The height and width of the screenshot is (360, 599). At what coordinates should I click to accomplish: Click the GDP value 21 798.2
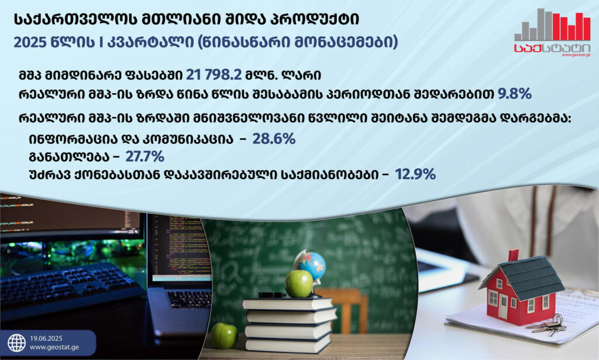(x=214, y=75)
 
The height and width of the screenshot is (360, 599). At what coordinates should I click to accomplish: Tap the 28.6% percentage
(x=274, y=139)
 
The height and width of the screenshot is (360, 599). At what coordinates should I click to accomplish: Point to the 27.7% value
(x=145, y=157)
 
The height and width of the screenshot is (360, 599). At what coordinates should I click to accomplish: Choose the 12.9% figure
(x=415, y=174)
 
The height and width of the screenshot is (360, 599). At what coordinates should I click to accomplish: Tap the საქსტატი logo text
(x=552, y=48)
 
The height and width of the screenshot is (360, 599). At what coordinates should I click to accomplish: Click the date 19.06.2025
(x=46, y=338)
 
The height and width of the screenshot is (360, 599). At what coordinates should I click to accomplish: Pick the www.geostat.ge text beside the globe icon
(x=54, y=347)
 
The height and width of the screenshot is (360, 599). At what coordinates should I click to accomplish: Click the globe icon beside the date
(x=17, y=343)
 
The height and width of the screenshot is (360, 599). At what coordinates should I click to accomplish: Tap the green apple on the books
(x=299, y=283)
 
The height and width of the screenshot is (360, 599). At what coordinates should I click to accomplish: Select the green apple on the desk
(x=225, y=335)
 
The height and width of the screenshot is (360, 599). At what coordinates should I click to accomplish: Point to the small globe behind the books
(x=312, y=266)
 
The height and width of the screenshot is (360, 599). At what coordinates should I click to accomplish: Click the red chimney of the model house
(x=514, y=255)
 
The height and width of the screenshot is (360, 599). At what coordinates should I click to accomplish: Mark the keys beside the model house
(x=548, y=325)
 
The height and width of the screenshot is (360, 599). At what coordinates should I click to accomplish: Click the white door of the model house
(x=503, y=307)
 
